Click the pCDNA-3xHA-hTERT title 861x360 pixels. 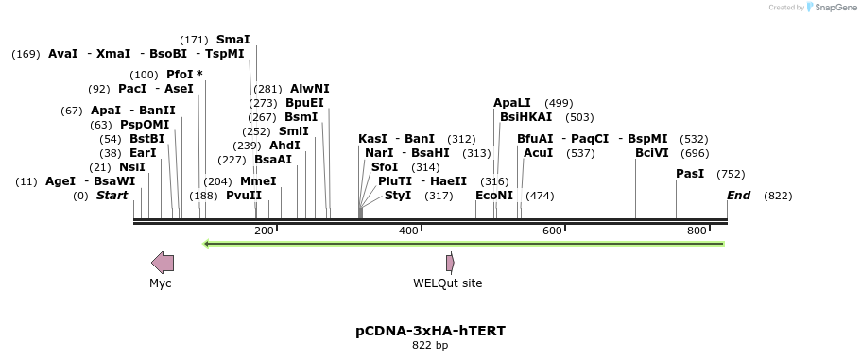(x=430, y=331)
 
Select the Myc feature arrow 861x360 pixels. (x=163, y=263)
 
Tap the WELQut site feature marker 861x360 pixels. (x=450, y=263)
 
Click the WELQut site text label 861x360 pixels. (x=447, y=283)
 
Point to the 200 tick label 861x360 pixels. (x=264, y=231)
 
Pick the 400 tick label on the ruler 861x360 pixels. (x=408, y=231)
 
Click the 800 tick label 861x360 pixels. (x=697, y=231)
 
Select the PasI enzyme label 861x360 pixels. (x=690, y=174)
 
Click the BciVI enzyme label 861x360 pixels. (x=651, y=153)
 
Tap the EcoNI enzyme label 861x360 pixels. (x=494, y=196)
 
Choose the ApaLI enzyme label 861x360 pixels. (x=512, y=103)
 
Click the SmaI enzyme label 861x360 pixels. (x=233, y=40)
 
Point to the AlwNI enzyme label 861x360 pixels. (x=310, y=89)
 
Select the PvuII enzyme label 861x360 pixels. (x=244, y=196)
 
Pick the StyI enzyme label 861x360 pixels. (x=398, y=196)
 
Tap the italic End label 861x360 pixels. (x=739, y=196)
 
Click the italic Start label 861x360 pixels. (x=112, y=196)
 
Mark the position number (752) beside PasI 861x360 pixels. (x=731, y=174)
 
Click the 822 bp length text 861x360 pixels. (x=430, y=346)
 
